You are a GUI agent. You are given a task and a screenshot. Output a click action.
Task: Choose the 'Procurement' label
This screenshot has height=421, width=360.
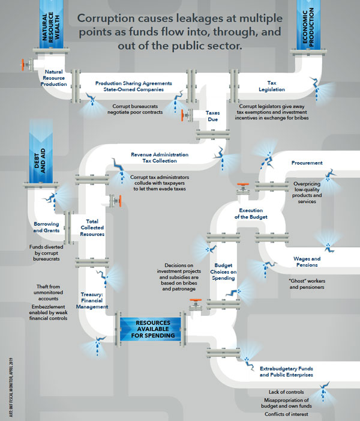[x=307, y=163]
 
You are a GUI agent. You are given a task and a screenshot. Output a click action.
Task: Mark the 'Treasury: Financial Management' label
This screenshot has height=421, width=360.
[x=95, y=301]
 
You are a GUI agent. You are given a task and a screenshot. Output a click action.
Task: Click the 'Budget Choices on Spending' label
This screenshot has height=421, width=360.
[x=226, y=271]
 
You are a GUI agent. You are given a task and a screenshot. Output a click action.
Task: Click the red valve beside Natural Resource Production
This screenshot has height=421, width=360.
[x=25, y=63]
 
